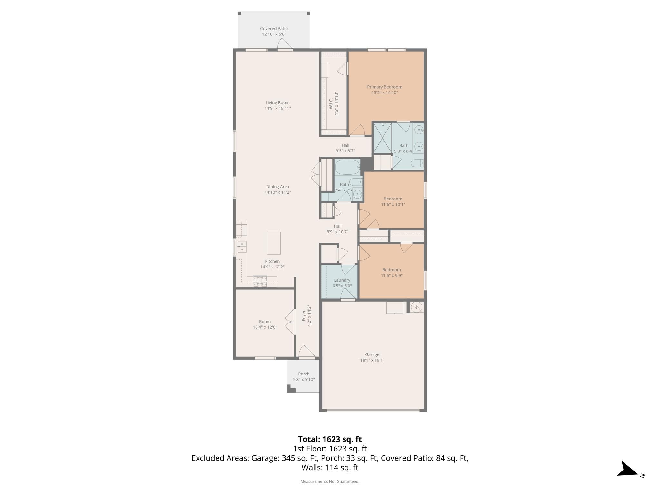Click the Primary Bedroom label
[384, 87]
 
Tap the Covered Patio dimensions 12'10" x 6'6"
[274, 34]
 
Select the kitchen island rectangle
[274, 243]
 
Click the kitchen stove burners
[260, 282]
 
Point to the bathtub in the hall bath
[347, 167]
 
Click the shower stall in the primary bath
[382, 138]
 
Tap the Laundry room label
[342, 280]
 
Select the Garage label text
[372, 354]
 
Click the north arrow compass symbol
[629, 469]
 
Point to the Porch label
[304, 374]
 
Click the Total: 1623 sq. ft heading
[330, 439]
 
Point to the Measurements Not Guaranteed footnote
[330, 481]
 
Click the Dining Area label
[277, 187]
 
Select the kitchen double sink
[242, 247]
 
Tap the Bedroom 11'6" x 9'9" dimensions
[392, 276]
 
